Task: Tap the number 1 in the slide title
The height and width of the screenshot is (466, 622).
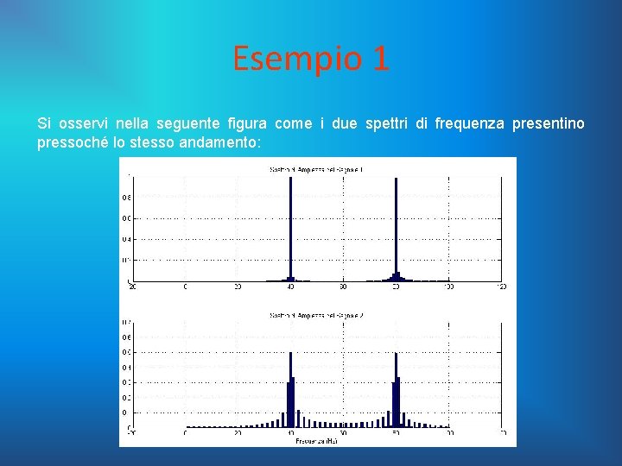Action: pos(380,59)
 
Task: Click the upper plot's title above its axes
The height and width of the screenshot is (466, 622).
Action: pos(316,170)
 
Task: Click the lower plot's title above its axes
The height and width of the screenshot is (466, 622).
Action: pos(316,316)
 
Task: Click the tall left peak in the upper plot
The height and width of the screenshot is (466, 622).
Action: pos(291,229)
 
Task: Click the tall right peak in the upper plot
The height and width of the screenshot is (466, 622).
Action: pos(396,229)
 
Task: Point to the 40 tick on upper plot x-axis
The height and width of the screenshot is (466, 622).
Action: pos(291,287)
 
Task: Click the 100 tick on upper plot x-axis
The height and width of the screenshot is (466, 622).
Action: pos(449,287)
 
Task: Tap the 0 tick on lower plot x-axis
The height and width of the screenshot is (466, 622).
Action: pos(185,433)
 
